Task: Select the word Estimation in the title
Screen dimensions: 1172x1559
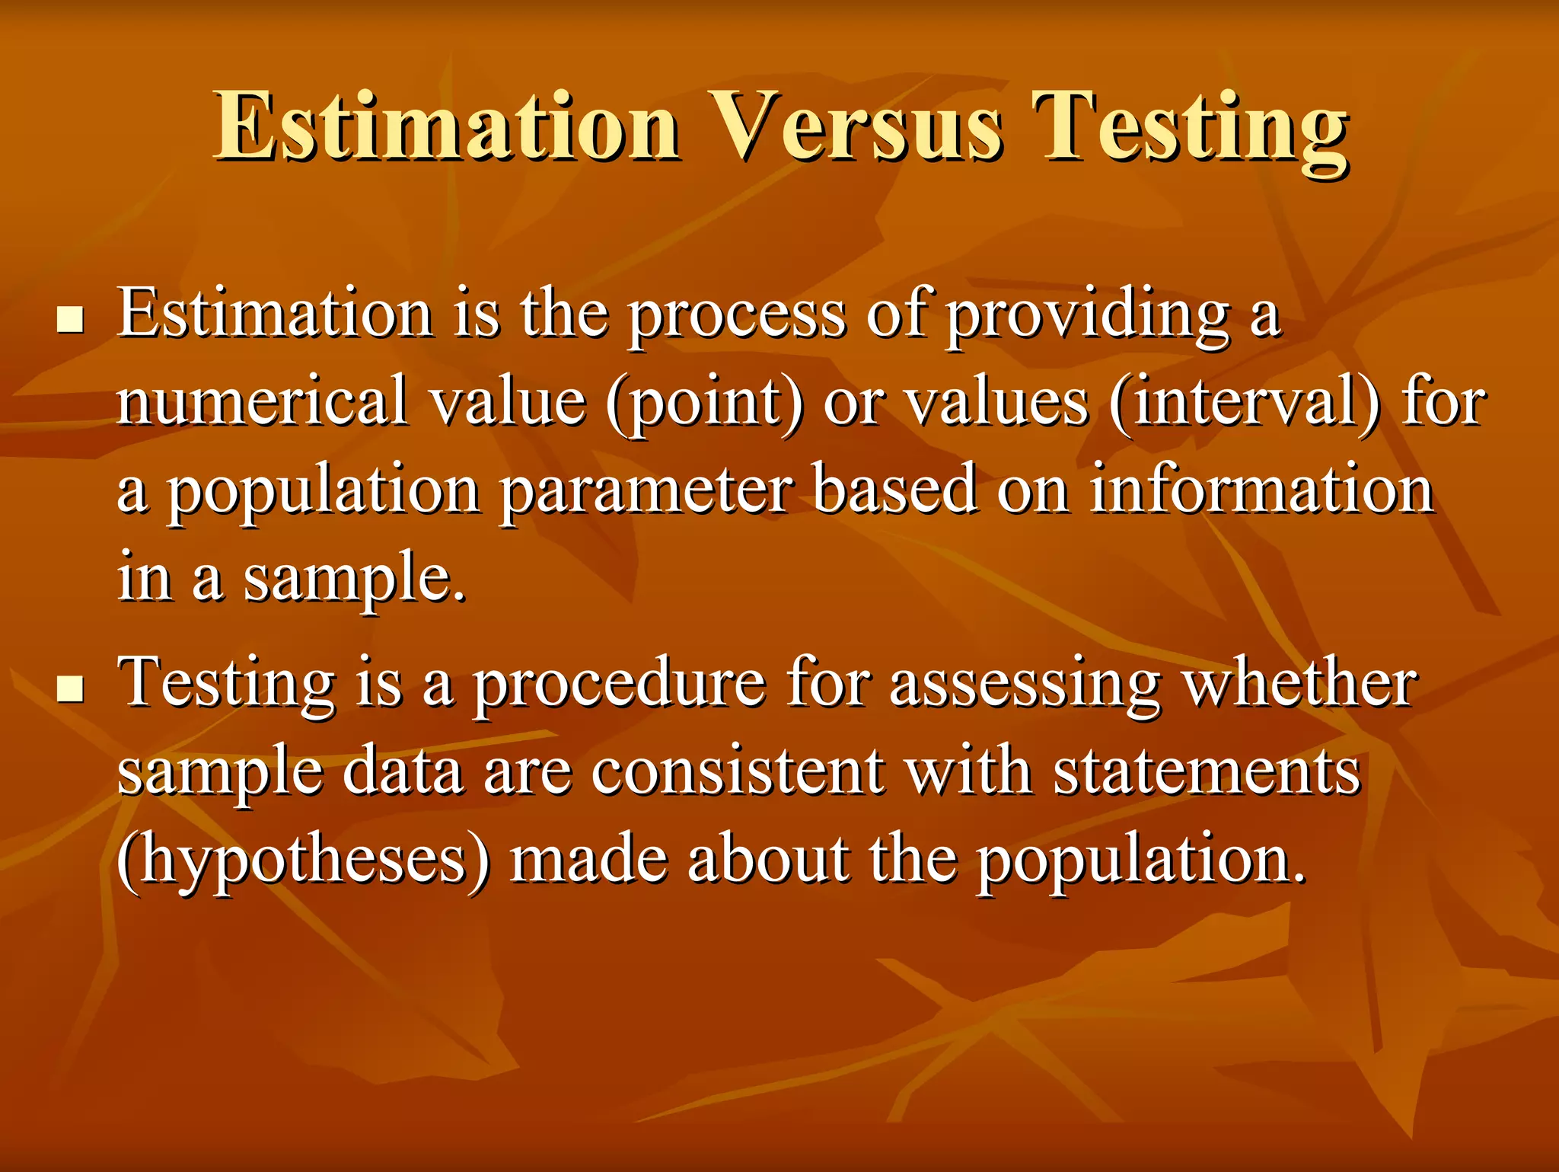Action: [x=447, y=128]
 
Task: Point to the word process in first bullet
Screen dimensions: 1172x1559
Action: [x=737, y=316]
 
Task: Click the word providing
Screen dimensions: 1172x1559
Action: [x=1087, y=316]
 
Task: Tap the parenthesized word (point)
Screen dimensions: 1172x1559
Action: [x=704, y=404]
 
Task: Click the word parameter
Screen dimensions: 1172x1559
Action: [x=646, y=491]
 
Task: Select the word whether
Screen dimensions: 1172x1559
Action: [x=1299, y=683]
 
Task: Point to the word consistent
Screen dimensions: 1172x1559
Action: [x=738, y=771]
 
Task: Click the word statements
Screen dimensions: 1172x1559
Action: [x=1207, y=771]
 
